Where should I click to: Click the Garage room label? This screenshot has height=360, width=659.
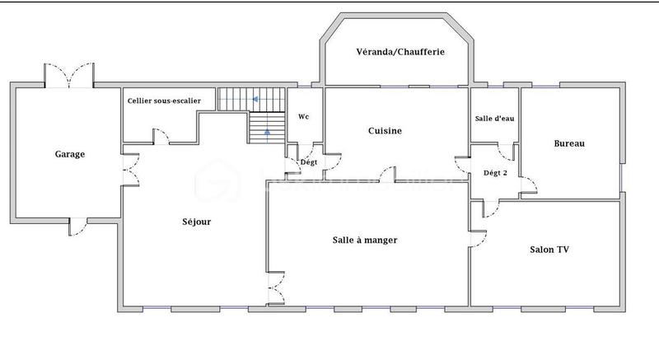[x=70, y=154]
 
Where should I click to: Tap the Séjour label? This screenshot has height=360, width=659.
[x=196, y=222]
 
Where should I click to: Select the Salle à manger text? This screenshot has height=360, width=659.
[x=365, y=241]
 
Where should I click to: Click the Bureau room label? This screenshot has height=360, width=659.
[x=569, y=143]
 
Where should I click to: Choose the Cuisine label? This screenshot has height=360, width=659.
[x=385, y=131]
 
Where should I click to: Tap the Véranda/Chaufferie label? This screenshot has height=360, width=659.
[x=400, y=51]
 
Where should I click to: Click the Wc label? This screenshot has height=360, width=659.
[x=303, y=117]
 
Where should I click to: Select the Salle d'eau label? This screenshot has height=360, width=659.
[x=494, y=119]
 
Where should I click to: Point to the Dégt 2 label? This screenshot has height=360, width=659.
[x=495, y=173]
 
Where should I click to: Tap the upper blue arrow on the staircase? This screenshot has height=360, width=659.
[x=256, y=100]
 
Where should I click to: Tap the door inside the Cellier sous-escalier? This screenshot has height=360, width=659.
[x=162, y=135]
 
